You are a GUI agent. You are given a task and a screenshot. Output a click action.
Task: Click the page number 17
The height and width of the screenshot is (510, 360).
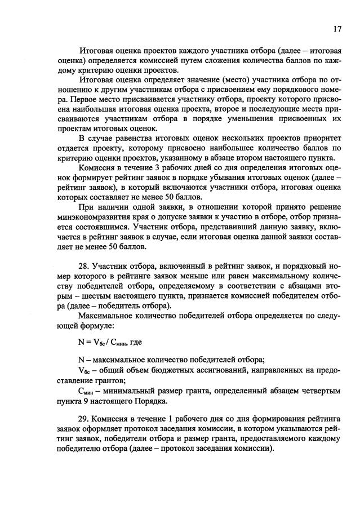coord(337,29)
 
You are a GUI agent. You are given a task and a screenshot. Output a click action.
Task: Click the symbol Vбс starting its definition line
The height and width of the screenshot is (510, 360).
coord(84,370)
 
